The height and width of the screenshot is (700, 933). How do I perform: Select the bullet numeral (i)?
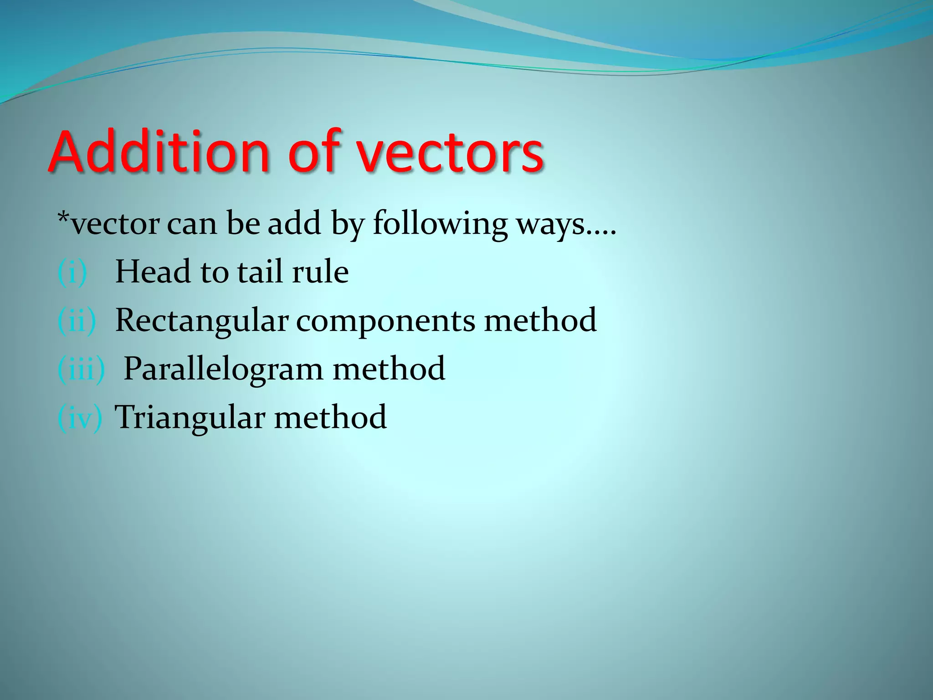pos(72,273)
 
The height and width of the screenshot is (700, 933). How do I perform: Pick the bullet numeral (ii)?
pos(77,321)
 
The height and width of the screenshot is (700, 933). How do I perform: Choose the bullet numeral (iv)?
pos(79,417)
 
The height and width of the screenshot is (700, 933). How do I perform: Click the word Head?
pos(153,272)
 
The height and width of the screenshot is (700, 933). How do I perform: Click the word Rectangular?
pos(202,320)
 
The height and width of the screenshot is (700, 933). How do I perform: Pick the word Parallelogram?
pos(223,369)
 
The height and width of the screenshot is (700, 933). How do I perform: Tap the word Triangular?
pos(190,417)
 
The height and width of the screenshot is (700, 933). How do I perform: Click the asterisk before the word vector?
pos(63,217)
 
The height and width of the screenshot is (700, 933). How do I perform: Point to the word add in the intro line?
pos(294,224)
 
